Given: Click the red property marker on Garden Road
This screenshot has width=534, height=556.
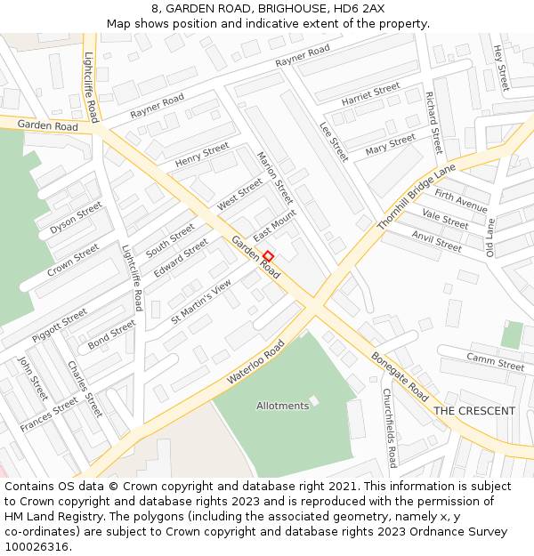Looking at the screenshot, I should [x=268, y=255].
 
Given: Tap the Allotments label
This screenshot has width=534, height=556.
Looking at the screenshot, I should [x=282, y=406].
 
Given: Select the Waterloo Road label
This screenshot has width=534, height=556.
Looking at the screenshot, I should [x=256, y=361].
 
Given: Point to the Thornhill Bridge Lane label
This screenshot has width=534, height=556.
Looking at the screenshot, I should [x=416, y=197].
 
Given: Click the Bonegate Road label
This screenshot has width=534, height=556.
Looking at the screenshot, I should [x=400, y=376].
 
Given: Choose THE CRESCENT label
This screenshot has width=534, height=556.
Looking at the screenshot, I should [x=473, y=411].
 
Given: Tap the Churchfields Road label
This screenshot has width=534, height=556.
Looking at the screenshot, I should [x=389, y=428].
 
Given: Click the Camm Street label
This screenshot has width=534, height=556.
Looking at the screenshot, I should [x=495, y=361].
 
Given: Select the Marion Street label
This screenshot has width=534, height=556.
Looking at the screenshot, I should [x=274, y=178].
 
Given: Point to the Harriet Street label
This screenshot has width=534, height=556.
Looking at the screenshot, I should [x=370, y=95].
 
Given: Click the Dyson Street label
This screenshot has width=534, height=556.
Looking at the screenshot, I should [x=76, y=217].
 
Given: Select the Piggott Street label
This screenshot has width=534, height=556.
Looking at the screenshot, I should [x=60, y=326].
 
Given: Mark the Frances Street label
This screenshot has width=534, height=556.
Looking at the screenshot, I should [x=49, y=415].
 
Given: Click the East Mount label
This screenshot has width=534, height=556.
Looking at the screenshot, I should [x=274, y=226].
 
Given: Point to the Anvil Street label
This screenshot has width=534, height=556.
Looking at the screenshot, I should [x=436, y=240].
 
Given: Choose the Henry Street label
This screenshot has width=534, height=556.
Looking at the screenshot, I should [x=202, y=156].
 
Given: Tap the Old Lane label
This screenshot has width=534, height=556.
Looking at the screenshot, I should [x=489, y=238].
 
